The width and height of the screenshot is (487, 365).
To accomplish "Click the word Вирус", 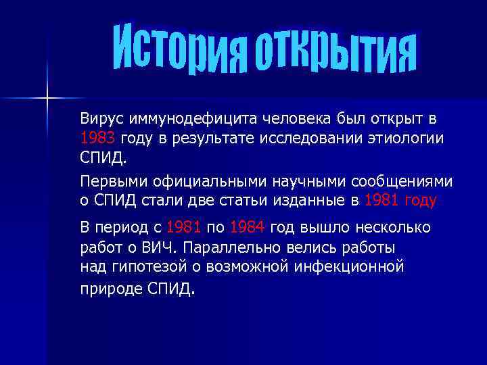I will click(100, 120).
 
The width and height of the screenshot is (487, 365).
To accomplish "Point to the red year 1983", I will click(97, 139).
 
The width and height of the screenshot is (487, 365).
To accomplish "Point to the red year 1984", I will click(248, 227).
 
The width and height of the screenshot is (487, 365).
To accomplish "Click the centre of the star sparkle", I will click(47, 99).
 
